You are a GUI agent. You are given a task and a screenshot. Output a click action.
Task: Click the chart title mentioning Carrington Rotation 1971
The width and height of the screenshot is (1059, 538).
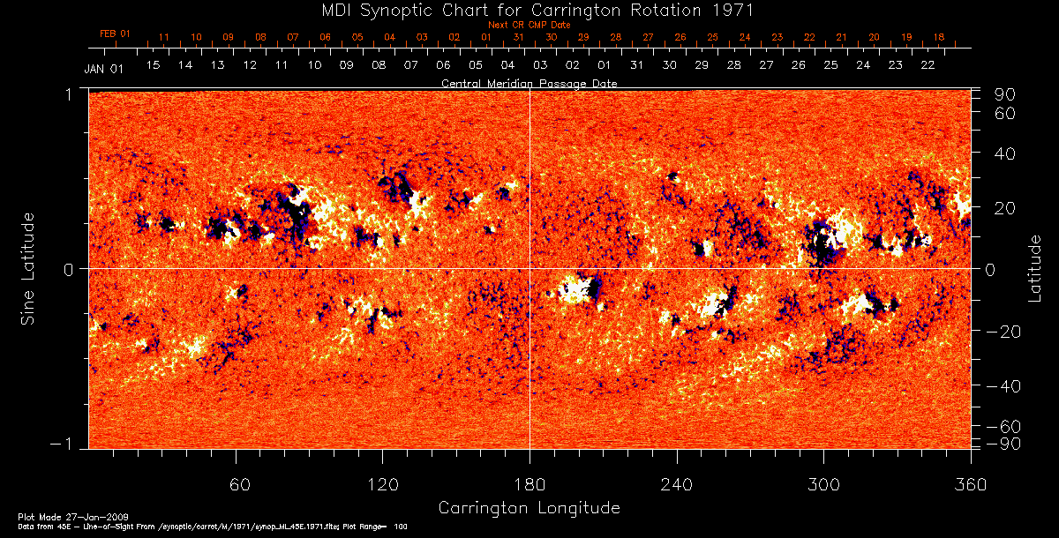[529, 10]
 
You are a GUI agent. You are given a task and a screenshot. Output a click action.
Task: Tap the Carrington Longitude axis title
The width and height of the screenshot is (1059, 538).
[529, 508]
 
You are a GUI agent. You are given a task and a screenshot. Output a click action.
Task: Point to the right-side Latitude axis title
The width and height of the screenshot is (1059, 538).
[1034, 267]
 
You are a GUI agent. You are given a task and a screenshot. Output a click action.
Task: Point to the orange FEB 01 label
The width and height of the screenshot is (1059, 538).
[115, 34]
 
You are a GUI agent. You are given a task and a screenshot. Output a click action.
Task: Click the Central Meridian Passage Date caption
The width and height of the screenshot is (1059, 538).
[529, 83]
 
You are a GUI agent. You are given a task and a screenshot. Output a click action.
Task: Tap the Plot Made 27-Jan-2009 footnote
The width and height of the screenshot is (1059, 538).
[56, 515]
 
